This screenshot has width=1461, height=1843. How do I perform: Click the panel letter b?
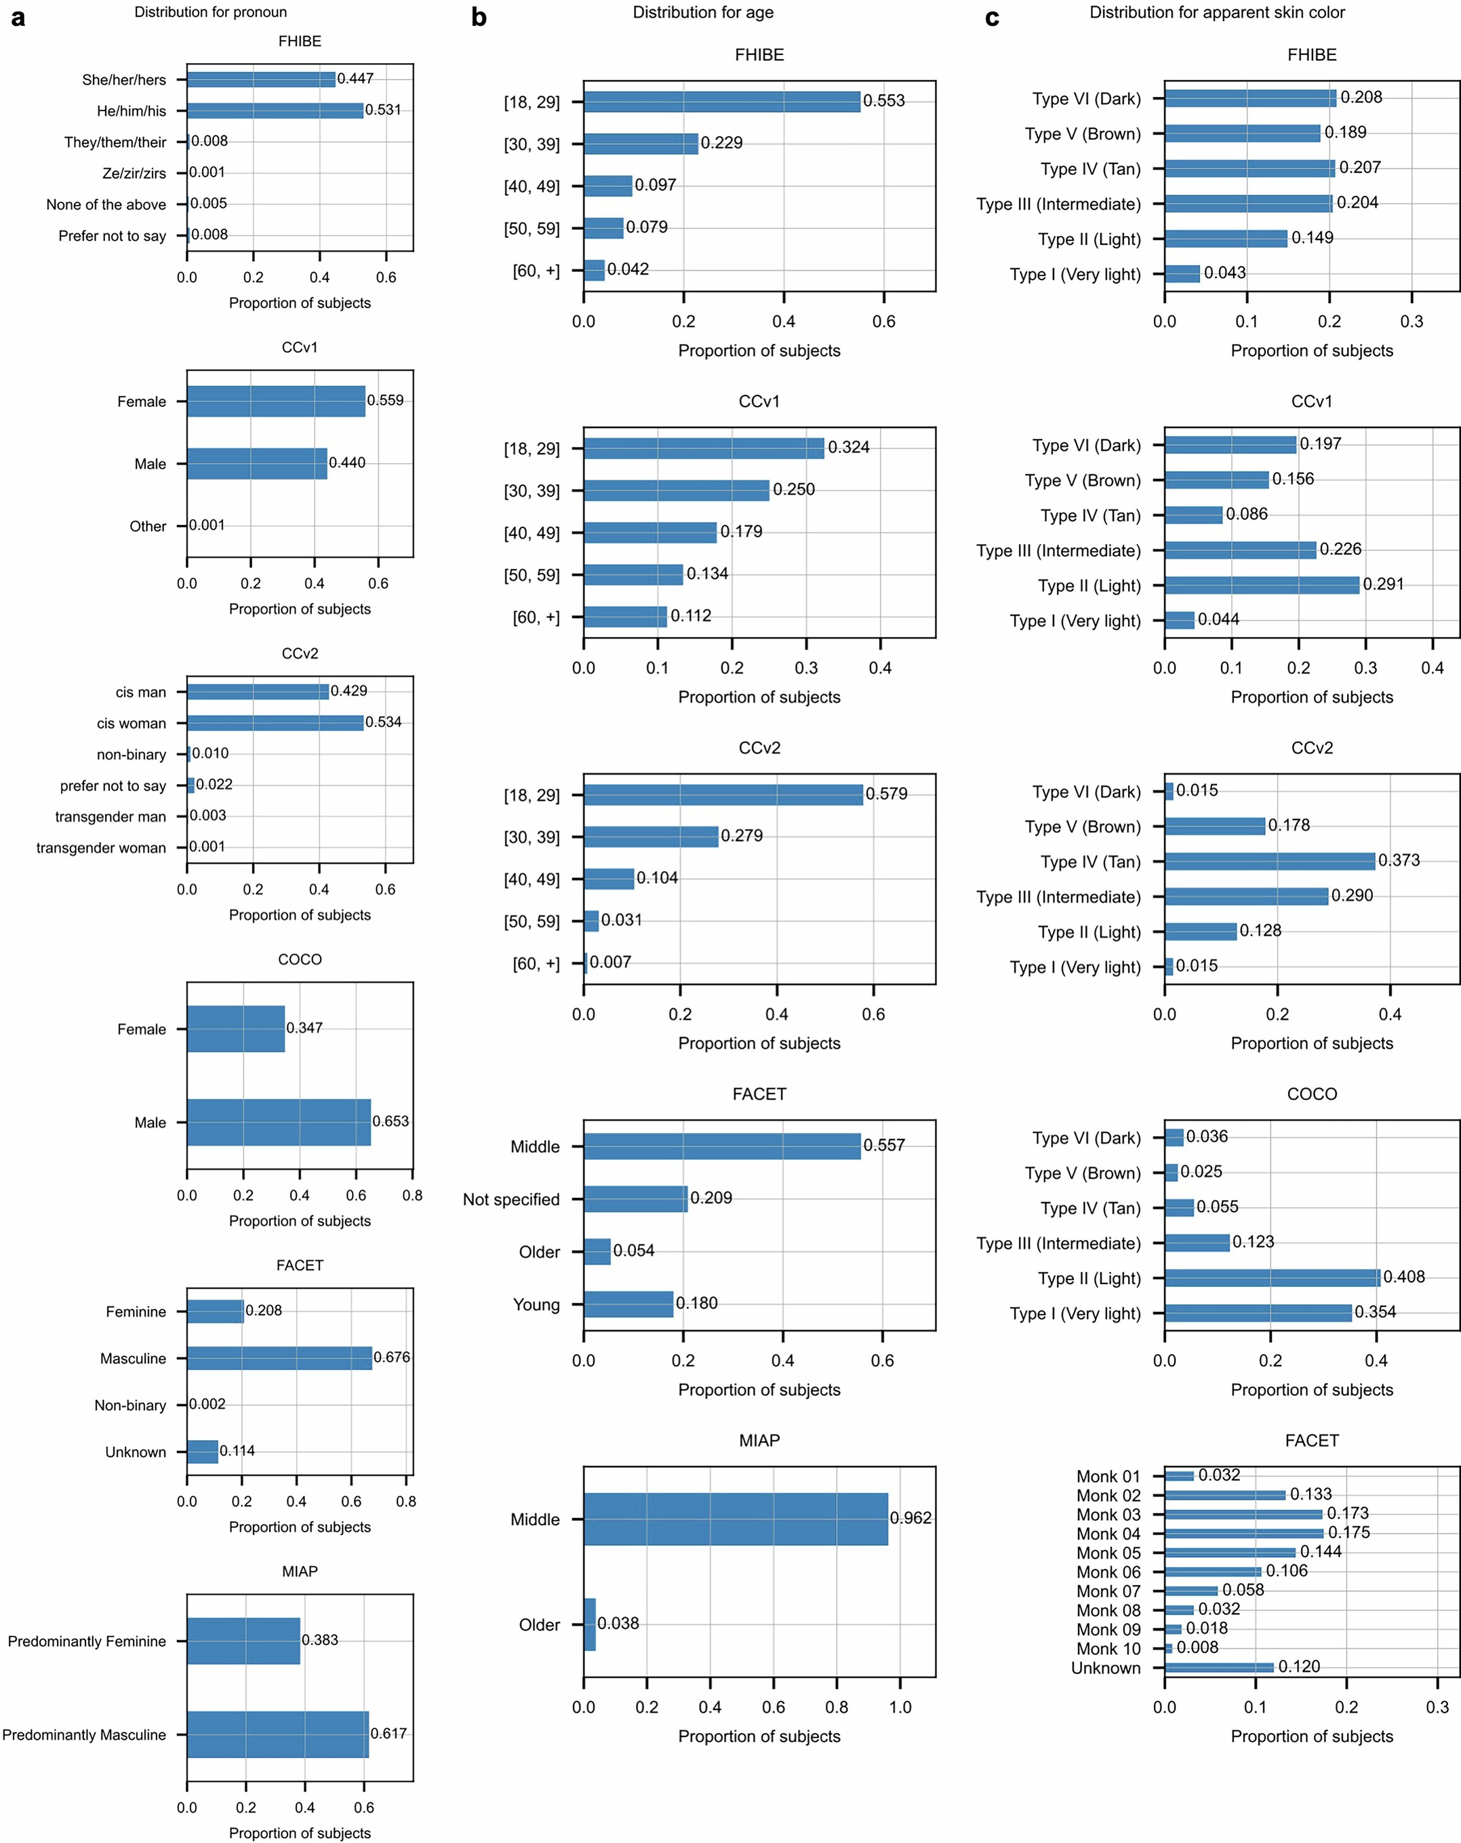479,18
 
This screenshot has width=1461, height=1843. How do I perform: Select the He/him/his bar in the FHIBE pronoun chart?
275,111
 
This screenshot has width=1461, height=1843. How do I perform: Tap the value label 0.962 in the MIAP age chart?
910,1518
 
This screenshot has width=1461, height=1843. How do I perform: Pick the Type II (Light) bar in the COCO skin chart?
1271,1278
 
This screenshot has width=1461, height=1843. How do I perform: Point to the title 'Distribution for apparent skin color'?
1217,12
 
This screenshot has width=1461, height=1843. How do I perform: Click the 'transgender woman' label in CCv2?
101,848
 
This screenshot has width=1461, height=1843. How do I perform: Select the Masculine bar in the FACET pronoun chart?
279,1358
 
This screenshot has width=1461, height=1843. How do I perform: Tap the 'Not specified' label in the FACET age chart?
511,1199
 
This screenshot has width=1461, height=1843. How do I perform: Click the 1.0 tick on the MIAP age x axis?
900,1707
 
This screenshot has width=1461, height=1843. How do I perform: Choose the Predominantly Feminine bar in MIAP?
243,1640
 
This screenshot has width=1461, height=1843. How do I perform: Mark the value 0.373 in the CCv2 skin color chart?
1399,860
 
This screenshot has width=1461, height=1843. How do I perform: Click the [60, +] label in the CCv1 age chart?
536,617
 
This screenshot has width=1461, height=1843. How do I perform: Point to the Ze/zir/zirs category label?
134,174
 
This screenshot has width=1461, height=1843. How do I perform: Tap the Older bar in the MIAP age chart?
590,1624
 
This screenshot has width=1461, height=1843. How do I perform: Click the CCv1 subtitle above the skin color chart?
1310,402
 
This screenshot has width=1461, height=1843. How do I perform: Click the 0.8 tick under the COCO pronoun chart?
412,1196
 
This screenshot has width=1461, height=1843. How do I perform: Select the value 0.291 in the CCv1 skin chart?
1382,584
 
